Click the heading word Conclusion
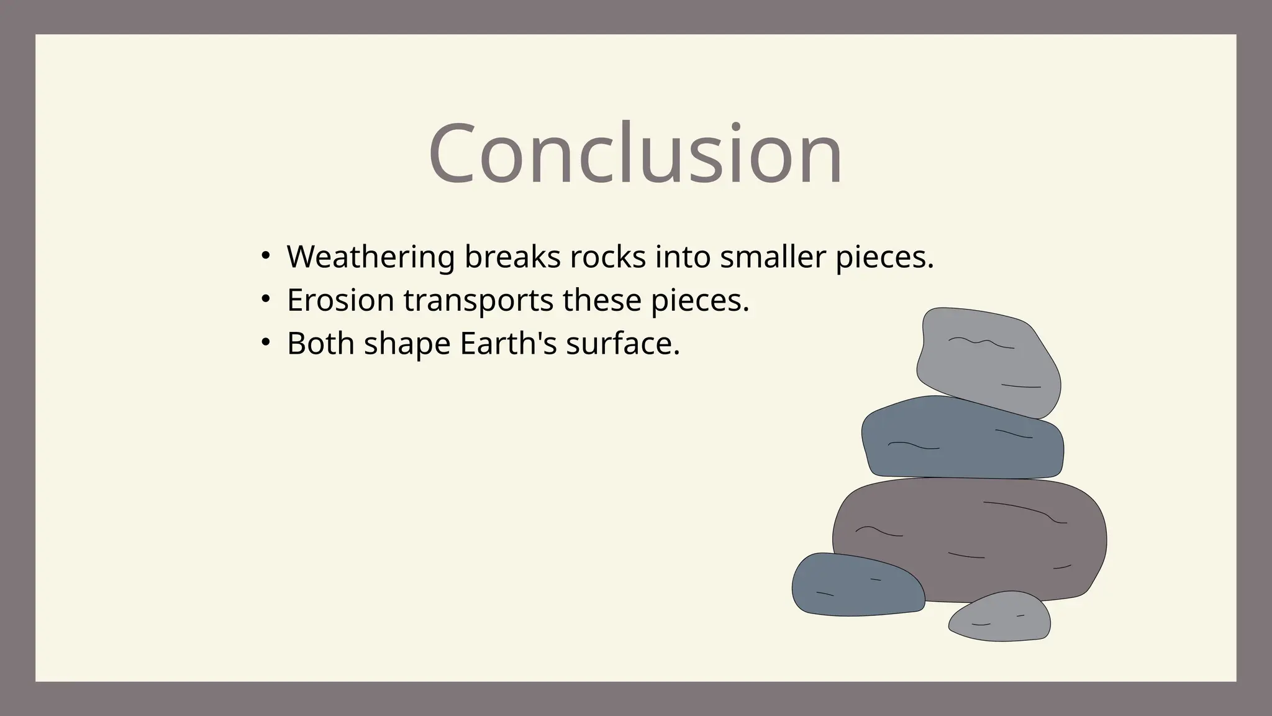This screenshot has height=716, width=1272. click(635, 154)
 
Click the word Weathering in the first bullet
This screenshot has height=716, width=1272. click(371, 257)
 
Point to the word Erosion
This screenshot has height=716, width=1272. click(340, 300)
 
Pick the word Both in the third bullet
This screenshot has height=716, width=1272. click(320, 343)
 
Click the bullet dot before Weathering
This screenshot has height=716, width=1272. click(266, 257)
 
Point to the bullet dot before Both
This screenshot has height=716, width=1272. click(266, 343)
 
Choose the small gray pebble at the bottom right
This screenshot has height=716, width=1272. click(1000, 617)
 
